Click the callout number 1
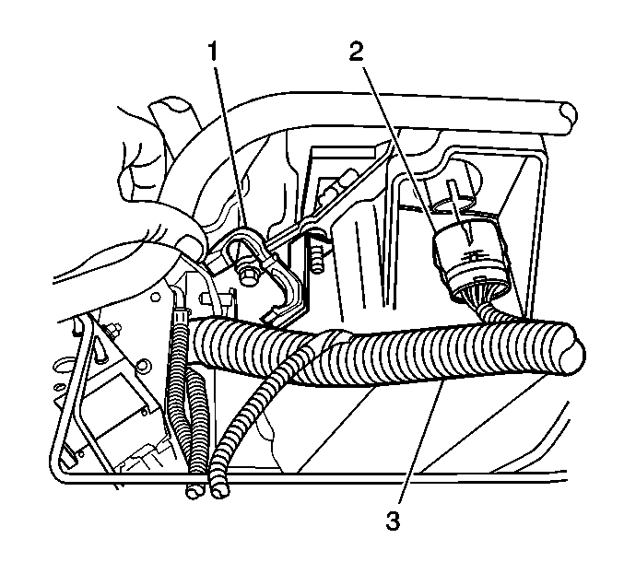[x=214, y=53]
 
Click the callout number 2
[x=357, y=53]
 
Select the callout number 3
[x=393, y=521]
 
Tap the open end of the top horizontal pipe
[x=566, y=118]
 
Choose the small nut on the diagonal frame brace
[x=112, y=329]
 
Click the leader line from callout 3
[x=421, y=442]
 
